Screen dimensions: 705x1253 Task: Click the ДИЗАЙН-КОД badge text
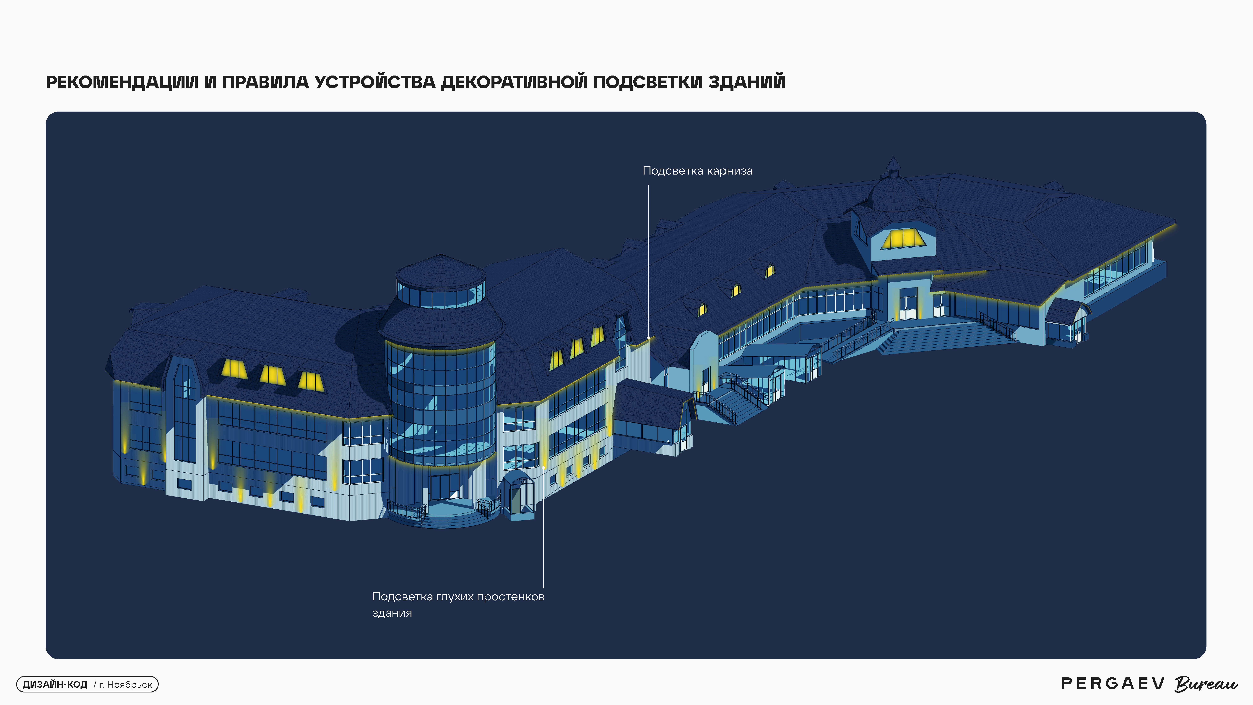pos(55,685)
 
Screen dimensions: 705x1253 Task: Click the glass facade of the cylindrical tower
pos(440,404)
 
